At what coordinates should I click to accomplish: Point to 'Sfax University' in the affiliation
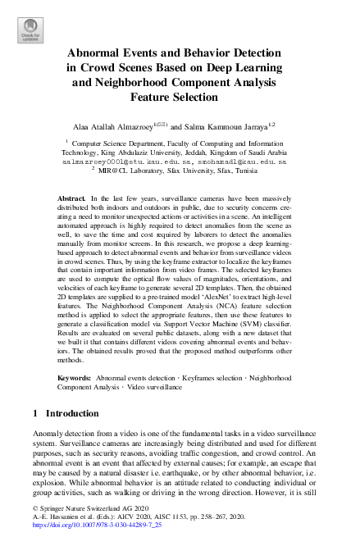198,172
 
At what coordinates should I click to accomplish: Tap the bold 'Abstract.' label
71,200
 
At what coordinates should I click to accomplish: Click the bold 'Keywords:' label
75,377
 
